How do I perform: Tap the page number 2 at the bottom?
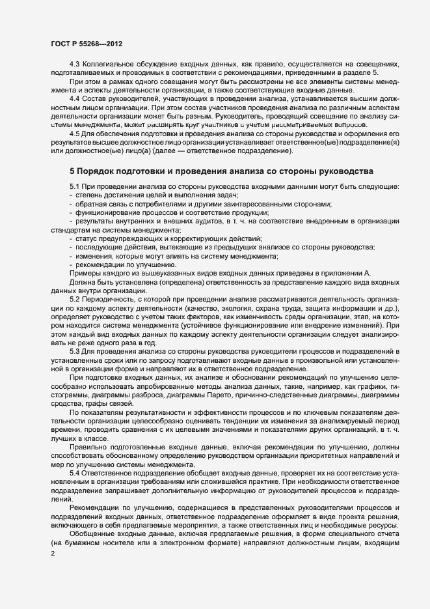click(52, 554)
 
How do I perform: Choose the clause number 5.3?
click(74, 351)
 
